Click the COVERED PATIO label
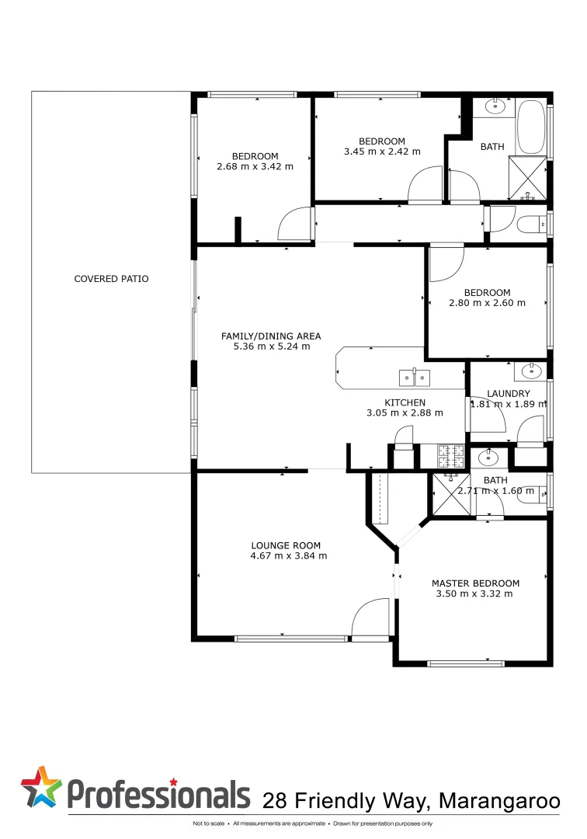[x=111, y=279]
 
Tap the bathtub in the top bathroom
[x=532, y=127]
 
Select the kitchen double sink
[x=415, y=378]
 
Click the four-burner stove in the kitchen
[x=450, y=455]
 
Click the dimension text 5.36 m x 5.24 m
[x=272, y=346]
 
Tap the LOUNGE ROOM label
[x=286, y=545]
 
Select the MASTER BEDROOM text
[x=475, y=583]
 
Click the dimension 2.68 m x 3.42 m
[x=255, y=166]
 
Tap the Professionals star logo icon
[x=41, y=786]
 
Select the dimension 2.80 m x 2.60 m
[x=487, y=303]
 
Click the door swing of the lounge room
[x=371, y=618]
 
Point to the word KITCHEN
[x=405, y=402]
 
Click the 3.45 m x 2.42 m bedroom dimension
[x=382, y=151]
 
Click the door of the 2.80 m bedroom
[x=446, y=263]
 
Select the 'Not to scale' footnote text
[x=208, y=823]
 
